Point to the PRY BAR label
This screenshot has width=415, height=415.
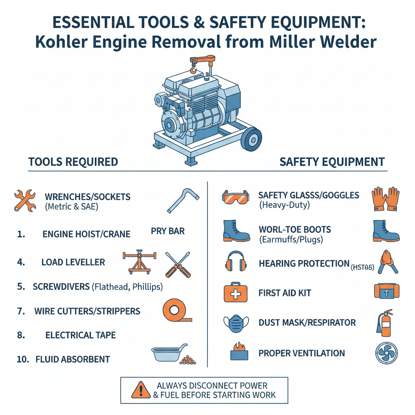pyautogui.click(x=168, y=231)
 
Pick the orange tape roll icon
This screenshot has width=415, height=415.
pyautogui.click(x=177, y=311)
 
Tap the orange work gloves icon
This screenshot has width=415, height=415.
pyautogui.click(x=385, y=199)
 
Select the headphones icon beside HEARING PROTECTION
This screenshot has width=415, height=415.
pyautogui.click(x=235, y=263)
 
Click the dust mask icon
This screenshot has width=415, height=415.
pyautogui.click(x=235, y=323)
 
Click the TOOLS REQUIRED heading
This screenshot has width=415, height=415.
pyautogui.click(x=73, y=162)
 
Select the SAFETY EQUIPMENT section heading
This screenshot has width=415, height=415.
pyautogui.click(x=332, y=162)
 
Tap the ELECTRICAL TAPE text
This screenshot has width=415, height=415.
pyautogui.click(x=81, y=335)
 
